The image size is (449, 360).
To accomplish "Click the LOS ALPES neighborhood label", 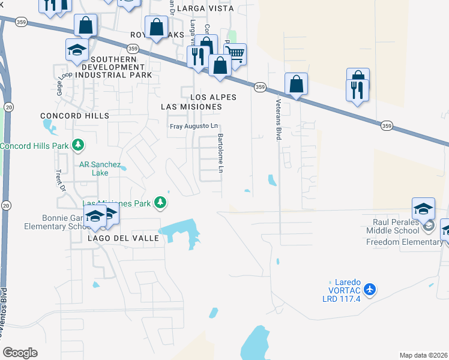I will (213, 97).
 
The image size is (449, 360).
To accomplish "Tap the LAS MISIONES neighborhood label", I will (191, 107).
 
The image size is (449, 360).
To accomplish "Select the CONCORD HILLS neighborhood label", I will (75, 115).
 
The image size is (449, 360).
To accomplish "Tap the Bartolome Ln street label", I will (220, 154).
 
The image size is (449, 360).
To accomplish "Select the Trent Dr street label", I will (59, 179).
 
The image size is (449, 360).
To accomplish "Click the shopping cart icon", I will (236, 54).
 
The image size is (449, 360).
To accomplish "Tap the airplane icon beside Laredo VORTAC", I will (369, 290).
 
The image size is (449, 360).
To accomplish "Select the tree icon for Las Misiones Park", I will (160, 203).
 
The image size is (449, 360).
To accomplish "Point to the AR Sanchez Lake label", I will (100, 169).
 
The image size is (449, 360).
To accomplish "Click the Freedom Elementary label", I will (405, 242).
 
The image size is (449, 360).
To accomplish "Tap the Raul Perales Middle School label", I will (391, 226).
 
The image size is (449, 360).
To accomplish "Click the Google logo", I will (20, 353).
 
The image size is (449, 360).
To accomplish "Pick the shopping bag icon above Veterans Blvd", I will (297, 84).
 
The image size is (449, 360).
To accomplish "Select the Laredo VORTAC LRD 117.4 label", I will (345, 286).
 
